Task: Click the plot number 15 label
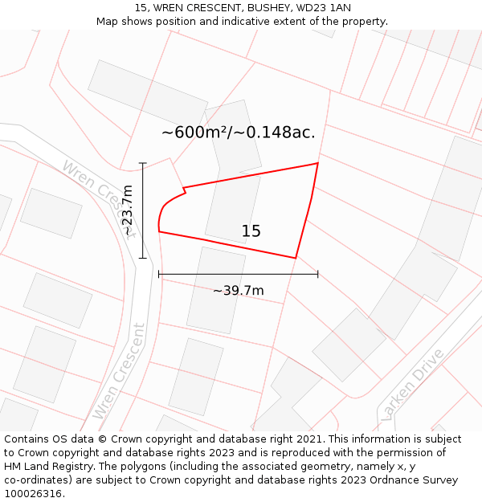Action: click(x=251, y=231)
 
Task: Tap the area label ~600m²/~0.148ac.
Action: click(x=238, y=133)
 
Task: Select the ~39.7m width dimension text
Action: click(x=238, y=290)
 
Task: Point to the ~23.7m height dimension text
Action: click(x=128, y=210)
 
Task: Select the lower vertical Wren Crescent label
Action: click(x=118, y=371)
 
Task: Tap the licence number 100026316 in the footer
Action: click(x=34, y=493)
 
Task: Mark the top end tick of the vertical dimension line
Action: click(x=143, y=163)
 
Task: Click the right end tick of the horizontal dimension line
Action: click(x=318, y=274)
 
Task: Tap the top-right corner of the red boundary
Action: click(x=317, y=164)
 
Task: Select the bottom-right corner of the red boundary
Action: click(x=296, y=258)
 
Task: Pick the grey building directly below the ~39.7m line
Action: click(x=216, y=290)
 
